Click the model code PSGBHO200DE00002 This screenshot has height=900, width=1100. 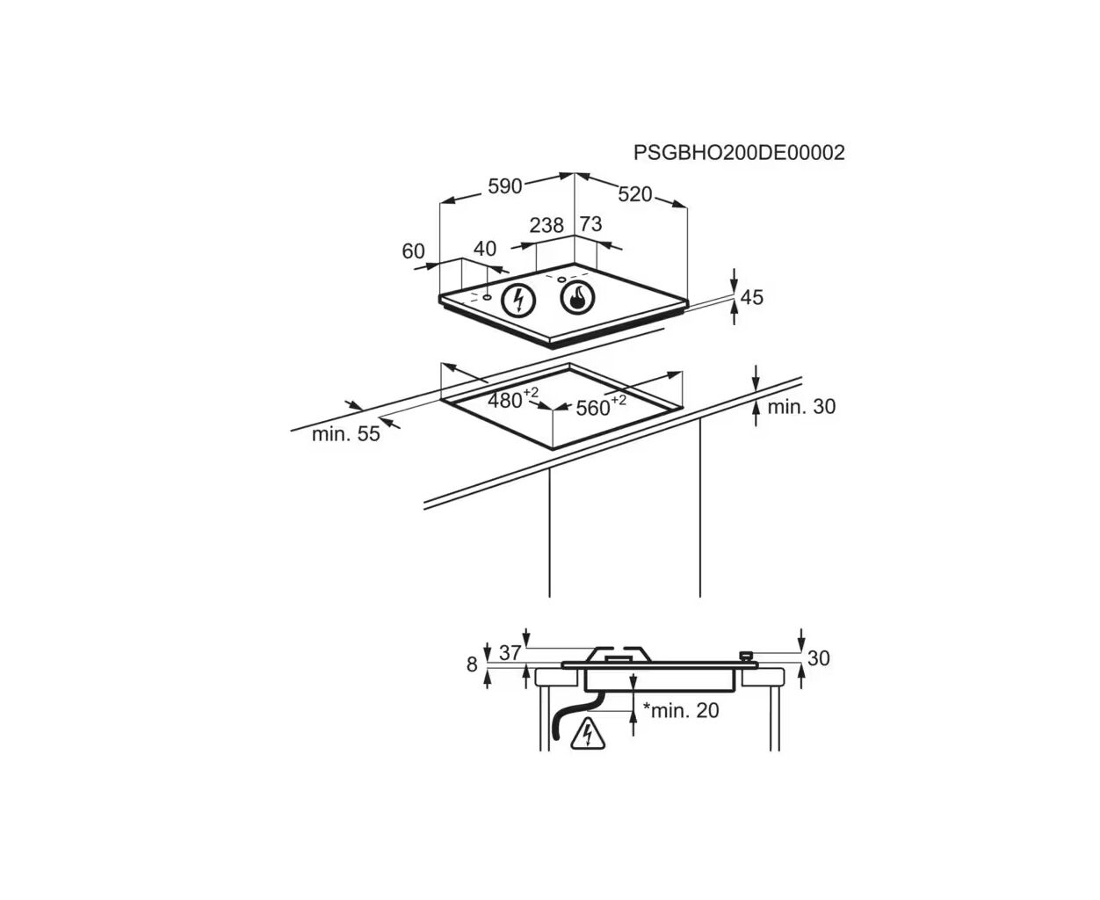coord(739,153)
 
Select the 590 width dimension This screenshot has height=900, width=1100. coord(504,186)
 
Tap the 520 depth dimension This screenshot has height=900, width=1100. coord(634,194)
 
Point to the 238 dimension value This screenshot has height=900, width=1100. coord(546,225)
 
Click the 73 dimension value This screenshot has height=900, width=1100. coord(591,224)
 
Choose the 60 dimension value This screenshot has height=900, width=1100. coord(413,251)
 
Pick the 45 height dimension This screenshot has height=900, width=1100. coord(751,297)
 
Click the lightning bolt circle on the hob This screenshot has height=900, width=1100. coord(517,301)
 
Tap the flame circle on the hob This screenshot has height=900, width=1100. coord(577,299)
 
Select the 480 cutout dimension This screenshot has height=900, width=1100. coord(513,399)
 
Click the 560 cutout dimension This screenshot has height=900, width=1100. coord(601,406)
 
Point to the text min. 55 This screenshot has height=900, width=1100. coord(346,434)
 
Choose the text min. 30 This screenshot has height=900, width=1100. coord(801,406)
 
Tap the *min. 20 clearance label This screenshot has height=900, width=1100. coord(681,710)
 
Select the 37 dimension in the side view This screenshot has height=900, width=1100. coord(510,652)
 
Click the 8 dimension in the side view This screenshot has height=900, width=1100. coord(472,664)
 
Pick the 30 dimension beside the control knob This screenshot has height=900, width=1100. coord(818,658)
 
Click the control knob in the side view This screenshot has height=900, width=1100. coord(745,656)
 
